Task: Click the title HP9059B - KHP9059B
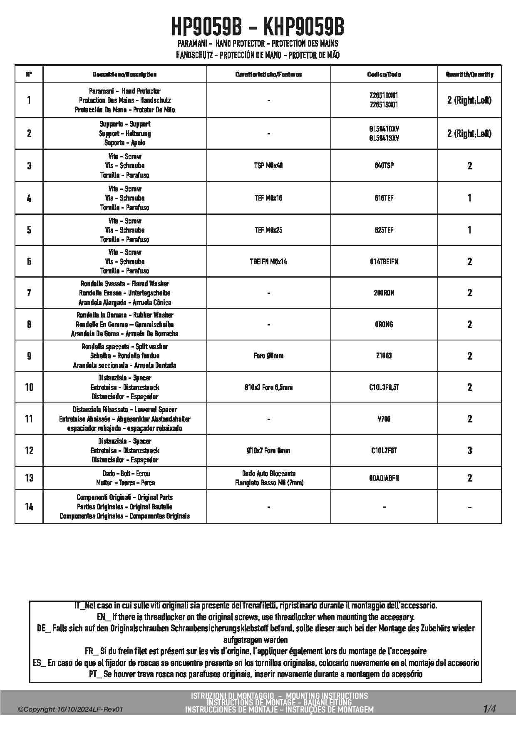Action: point(258,27)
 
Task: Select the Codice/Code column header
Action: point(384,74)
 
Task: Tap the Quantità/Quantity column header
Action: point(469,74)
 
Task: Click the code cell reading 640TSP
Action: point(384,166)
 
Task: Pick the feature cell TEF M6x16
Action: point(268,198)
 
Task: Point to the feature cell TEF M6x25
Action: point(268,230)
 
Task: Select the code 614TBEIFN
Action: point(384,262)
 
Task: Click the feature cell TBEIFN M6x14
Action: point(268,262)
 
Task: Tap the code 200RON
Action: point(384,293)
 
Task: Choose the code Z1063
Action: point(384,356)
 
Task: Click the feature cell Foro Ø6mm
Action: point(268,356)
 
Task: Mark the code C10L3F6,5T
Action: point(384,387)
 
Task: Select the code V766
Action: point(384,419)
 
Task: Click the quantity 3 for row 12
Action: point(469,450)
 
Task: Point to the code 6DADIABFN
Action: point(384,478)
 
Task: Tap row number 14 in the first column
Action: point(29,507)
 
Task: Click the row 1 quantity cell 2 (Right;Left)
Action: point(469,100)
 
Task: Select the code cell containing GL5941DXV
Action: point(384,129)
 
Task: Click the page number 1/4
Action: point(489,708)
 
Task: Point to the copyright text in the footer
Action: point(71,710)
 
